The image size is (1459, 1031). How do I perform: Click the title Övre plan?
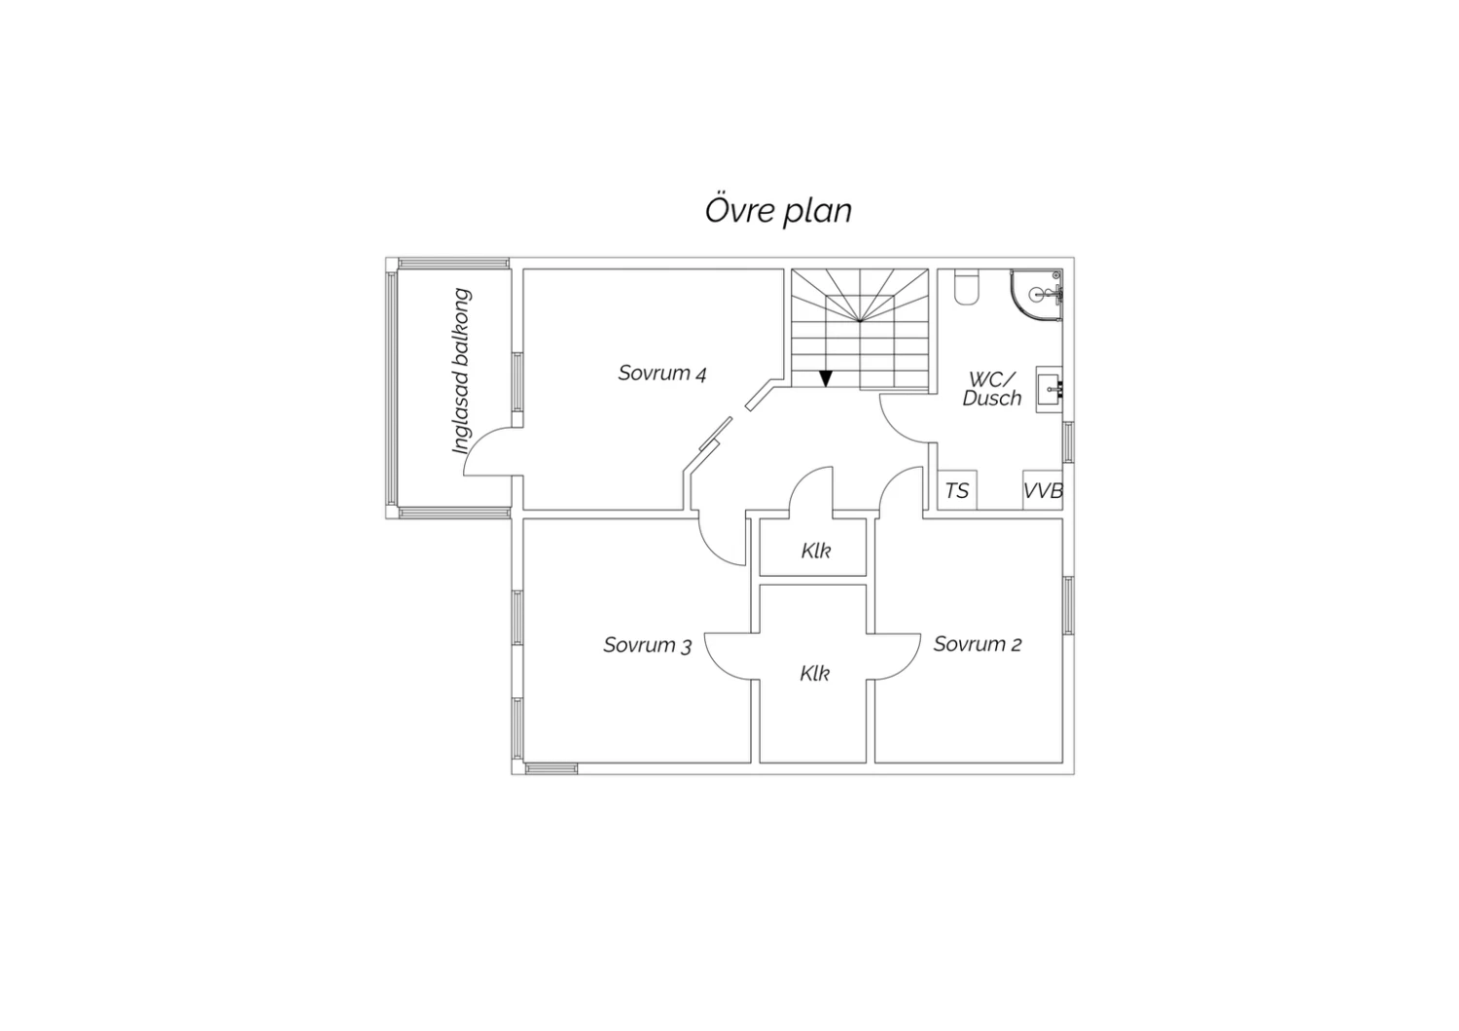point(778,210)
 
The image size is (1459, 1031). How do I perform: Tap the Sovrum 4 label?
point(662,373)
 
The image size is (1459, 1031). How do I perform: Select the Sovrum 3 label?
point(648,645)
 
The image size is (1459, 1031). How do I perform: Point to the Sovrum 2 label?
point(978,644)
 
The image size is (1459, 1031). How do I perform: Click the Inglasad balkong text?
point(461,371)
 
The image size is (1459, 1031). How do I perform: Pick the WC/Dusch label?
point(992,389)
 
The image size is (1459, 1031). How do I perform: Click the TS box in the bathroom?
point(957,490)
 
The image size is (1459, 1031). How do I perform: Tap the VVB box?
point(1043,490)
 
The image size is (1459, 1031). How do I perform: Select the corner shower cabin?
point(1036,295)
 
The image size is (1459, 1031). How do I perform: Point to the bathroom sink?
point(1050,389)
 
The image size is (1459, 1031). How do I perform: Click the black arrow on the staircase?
point(826,378)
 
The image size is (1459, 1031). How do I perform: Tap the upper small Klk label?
point(815,551)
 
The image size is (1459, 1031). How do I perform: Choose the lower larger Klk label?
point(815,673)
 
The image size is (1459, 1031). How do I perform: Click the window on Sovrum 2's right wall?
point(1068,606)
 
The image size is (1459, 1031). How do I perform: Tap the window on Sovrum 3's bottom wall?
point(552,769)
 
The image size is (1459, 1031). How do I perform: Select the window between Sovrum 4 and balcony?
point(517,382)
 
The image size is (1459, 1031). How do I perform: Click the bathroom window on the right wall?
point(1068,443)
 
